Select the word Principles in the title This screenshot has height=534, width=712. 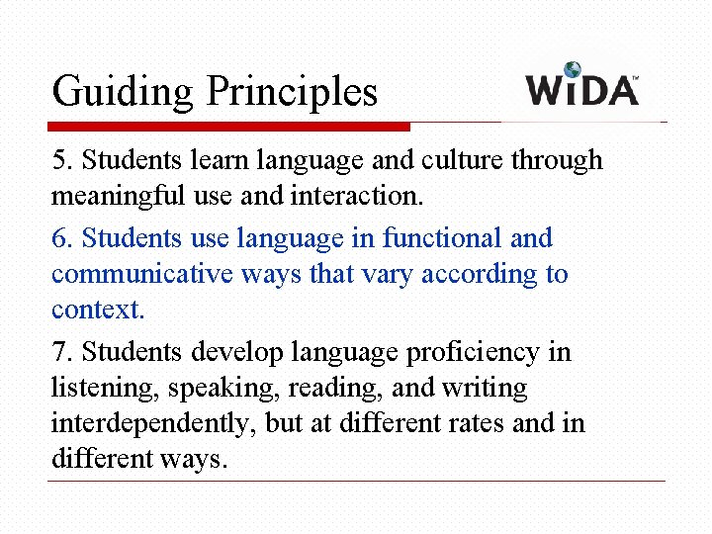[292, 92]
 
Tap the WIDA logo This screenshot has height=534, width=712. [582, 86]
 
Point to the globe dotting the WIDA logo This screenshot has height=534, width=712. [573, 70]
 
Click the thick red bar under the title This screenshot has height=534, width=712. [228, 127]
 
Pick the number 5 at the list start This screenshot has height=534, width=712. [58, 160]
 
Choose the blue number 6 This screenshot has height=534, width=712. [58, 238]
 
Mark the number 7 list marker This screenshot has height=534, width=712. [58, 352]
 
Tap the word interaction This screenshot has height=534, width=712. [357, 196]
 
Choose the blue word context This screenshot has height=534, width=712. [98, 310]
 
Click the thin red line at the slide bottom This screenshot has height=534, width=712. [356, 482]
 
